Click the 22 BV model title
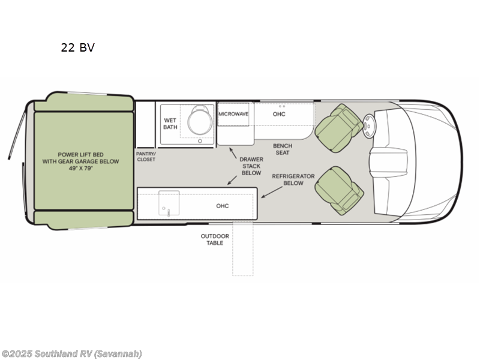click(x=77, y=48)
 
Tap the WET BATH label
click(x=170, y=123)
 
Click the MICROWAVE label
click(x=233, y=113)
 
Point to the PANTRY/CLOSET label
click(x=146, y=156)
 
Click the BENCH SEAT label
click(x=282, y=149)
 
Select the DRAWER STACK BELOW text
click(x=251, y=166)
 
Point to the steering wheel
click(x=370, y=124)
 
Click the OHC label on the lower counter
click(x=223, y=206)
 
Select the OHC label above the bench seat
click(x=279, y=114)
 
